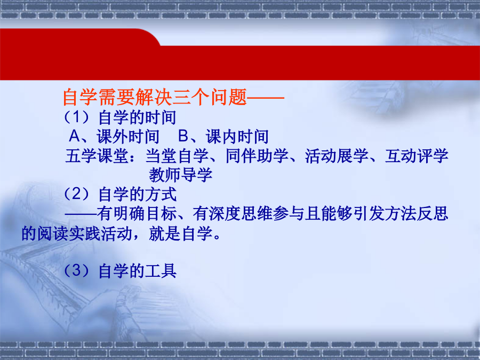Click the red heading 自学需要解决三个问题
coord(155,98)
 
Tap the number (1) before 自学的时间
coord(76,117)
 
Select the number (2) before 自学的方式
coord(76,194)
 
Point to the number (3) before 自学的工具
coord(76,270)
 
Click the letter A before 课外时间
coord(75,136)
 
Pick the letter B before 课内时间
coord(183,136)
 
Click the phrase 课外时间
coord(128,137)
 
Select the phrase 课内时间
coord(237,137)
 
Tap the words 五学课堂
coord(97,156)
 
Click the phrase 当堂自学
coord(177,156)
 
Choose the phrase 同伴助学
coord(257,156)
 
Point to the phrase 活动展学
coord(337,156)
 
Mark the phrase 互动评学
coord(417,156)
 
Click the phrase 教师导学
coord(181,175)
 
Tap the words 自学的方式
coord(138,194)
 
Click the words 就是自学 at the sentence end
coord(181,234)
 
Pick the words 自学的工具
coord(138,271)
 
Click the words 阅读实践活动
coord(85,234)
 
